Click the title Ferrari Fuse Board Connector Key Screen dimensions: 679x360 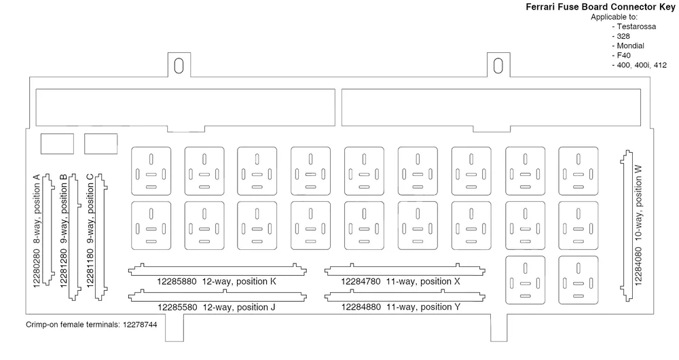(x=600, y=7)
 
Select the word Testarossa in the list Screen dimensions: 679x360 (x=636, y=26)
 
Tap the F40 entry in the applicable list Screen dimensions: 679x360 (x=623, y=55)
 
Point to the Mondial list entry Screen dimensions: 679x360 (x=631, y=46)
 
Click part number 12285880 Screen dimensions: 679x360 (x=177, y=282)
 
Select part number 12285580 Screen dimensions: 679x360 (x=177, y=308)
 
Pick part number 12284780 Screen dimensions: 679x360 (x=361, y=282)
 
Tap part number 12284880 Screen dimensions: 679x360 (x=361, y=307)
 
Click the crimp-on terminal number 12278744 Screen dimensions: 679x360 (x=140, y=325)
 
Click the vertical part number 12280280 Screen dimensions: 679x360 (x=37, y=268)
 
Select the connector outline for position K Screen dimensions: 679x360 (x=217, y=270)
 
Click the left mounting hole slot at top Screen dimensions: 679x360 (x=179, y=67)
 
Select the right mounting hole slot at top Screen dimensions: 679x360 (x=498, y=67)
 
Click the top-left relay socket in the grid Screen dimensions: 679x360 (x=151, y=171)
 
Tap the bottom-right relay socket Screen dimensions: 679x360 (x=579, y=281)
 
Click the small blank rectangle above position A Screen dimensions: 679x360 (x=57, y=144)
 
